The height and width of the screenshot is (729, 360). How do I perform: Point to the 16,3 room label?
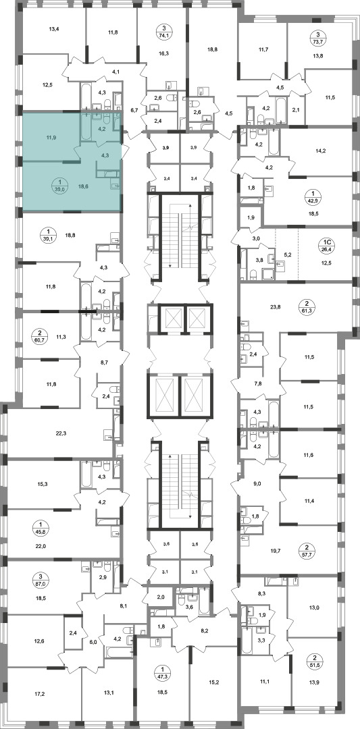click(163, 53)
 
